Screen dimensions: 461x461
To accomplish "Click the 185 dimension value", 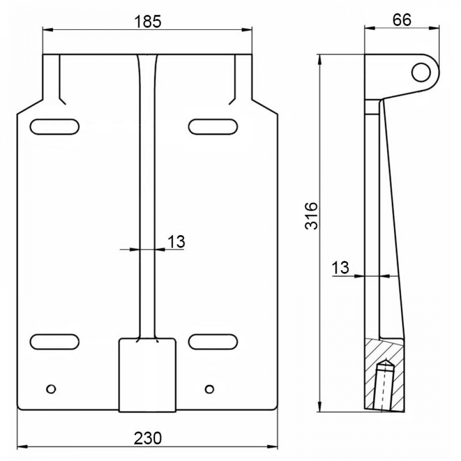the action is coord(148,22).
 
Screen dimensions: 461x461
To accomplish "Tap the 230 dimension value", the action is coord(148,438).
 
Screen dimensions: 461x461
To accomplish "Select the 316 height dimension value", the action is coord(312,216).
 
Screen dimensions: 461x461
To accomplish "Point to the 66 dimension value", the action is coord(402,20).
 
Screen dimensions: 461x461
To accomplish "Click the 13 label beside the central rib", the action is coord(176,242).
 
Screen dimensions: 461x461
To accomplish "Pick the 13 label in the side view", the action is coord(340,268).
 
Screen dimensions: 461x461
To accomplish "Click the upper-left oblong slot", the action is coord(55,127).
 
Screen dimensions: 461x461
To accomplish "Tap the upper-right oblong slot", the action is coord(213,127).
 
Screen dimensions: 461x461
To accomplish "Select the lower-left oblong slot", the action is coord(55,342).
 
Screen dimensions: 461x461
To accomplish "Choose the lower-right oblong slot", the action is coord(213,342).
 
